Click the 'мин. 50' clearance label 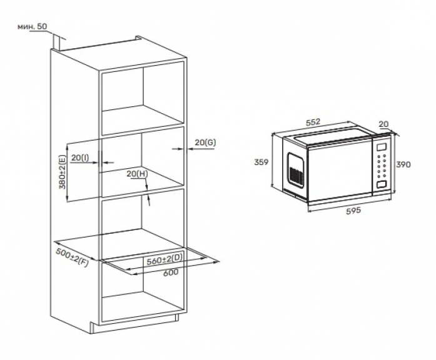tap(33, 27)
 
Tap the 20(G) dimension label tap(205, 142)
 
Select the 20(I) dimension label tap(80, 157)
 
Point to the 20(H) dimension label tap(138, 174)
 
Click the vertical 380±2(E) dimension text tap(63, 172)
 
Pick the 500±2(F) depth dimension tap(73, 257)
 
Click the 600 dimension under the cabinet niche tap(171, 272)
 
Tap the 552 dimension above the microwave tap(313, 122)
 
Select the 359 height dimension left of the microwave tap(261, 162)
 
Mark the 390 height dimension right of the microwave tap(403, 165)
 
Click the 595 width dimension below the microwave tap(353, 211)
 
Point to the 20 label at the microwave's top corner tap(383, 124)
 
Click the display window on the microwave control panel tap(381, 146)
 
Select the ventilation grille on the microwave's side tap(296, 176)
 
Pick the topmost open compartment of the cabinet tap(143, 99)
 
